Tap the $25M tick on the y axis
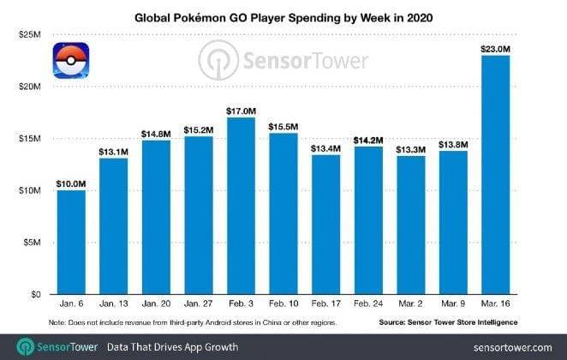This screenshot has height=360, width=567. (x=29, y=34)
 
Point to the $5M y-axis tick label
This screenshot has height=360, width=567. (x=32, y=242)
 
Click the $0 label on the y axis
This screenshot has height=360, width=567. (x=36, y=294)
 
